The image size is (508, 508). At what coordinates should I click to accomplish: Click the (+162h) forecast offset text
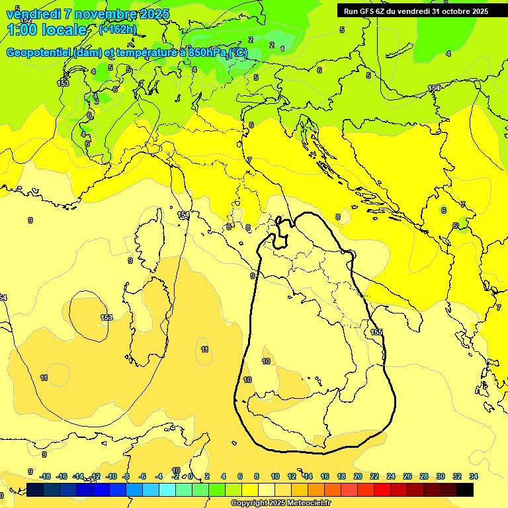[118, 29]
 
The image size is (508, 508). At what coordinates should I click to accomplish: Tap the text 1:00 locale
[46, 30]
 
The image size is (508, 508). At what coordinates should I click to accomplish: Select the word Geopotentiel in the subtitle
[39, 52]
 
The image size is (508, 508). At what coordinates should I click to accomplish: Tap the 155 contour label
[376, 332]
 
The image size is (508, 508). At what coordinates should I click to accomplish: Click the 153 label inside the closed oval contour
[106, 317]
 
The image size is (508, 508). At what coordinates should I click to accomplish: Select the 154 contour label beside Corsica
[183, 215]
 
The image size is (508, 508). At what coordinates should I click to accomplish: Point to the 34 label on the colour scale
[474, 476]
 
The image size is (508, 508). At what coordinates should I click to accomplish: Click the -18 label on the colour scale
[46, 476]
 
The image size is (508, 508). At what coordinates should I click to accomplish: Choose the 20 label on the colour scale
[358, 476]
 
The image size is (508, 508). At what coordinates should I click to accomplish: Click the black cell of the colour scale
[465, 490]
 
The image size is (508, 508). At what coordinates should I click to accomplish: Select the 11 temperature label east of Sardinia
[205, 349]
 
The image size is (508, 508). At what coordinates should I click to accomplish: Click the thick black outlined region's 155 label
[376, 332]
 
